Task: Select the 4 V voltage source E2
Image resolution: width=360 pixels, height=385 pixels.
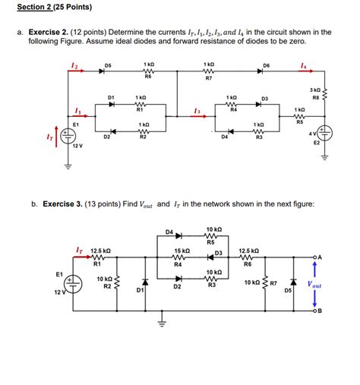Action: [326, 132]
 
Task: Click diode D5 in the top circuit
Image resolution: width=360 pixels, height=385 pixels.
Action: [107, 73]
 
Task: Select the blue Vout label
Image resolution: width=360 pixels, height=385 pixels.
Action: [313, 286]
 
